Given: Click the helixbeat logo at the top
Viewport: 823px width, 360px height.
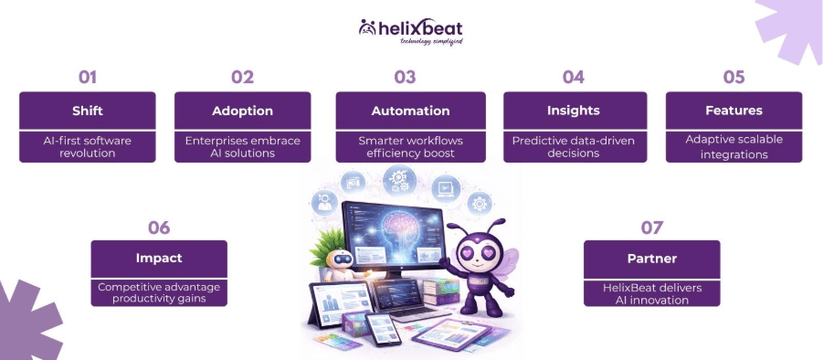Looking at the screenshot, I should pyautogui.click(x=410, y=30).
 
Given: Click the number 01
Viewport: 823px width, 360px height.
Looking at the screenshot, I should pyautogui.click(x=87, y=77).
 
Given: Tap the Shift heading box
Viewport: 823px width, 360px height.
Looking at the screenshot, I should pyautogui.click(x=88, y=111).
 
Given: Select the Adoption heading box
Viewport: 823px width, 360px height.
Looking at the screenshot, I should pyautogui.click(x=242, y=111).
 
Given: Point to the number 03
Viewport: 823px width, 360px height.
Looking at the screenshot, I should pyautogui.click(x=405, y=77).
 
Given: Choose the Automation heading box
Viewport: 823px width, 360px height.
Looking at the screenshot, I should pyautogui.click(x=410, y=111).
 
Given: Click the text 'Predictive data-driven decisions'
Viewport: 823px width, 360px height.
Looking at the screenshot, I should pyautogui.click(x=574, y=146).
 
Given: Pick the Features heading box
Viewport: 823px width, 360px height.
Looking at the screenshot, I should pyautogui.click(x=733, y=111).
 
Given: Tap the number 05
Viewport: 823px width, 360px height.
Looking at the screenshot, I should pyautogui.click(x=733, y=77).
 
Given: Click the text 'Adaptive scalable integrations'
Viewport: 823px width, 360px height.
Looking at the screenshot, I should pyautogui.click(x=733, y=146).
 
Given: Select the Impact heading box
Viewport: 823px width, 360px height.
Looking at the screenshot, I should pyautogui.click(x=159, y=259).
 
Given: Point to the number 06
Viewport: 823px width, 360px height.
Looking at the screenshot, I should pyautogui.click(x=159, y=227).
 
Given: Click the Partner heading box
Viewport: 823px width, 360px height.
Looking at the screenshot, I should pyautogui.click(x=651, y=259).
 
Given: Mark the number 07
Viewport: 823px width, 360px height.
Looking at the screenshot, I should pyautogui.click(x=651, y=227).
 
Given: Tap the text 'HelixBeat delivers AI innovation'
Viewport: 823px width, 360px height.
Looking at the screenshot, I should pyautogui.click(x=651, y=293).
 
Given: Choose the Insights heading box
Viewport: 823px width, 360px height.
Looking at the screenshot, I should pyautogui.click(x=574, y=111).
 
